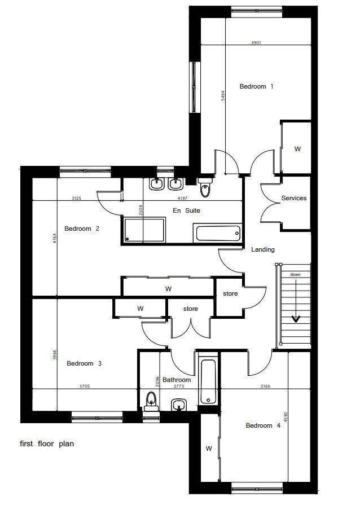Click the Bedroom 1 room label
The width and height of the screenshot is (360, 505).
(256, 86)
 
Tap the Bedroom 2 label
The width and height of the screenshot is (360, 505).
(82, 229)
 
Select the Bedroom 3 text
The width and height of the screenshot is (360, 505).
(84, 363)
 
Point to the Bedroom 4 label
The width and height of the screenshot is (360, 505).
(263, 425)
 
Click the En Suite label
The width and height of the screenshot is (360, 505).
(186, 210)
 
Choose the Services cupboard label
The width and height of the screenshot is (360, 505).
(293, 198)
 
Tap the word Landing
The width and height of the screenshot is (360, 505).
(263, 249)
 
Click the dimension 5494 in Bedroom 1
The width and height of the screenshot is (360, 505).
(223, 96)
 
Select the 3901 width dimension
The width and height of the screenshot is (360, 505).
(256, 42)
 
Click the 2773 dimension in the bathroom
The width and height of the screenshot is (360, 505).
(179, 386)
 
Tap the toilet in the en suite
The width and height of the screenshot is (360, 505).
(205, 187)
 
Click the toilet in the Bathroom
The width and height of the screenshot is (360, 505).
(151, 402)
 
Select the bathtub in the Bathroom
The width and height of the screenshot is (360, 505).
(208, 381)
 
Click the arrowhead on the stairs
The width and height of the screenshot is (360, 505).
(296, 319)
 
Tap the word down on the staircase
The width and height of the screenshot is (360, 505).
(295, 274)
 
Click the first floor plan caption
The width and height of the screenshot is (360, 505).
(47, 444)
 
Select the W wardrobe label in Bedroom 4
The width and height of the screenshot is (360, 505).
(209, 449)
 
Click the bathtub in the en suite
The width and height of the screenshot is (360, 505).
(218, 233)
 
